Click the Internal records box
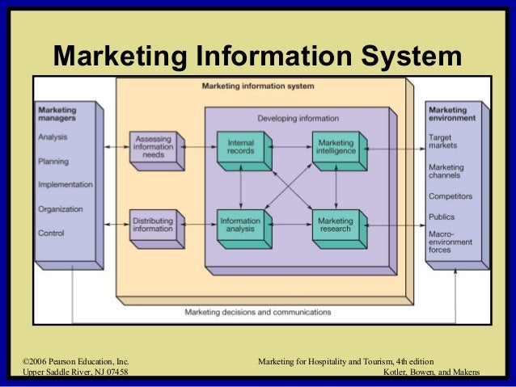pos(240,149)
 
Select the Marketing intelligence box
pos(335,149)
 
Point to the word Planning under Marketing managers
pos(53,161)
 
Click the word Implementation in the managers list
pos(66,184)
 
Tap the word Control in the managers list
pos(51,233)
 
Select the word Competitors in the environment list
pos(450,196)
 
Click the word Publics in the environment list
pos(442,217)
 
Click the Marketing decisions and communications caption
pos(257,311)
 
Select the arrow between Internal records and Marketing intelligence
pos(289,149)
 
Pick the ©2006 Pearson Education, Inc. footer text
pos(77,359)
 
